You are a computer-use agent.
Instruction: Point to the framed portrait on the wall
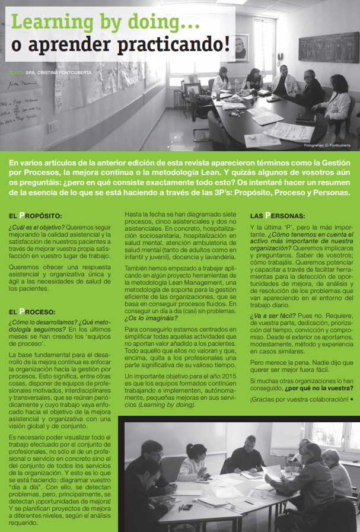(240, 46)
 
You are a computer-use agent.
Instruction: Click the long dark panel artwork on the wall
(328, 47)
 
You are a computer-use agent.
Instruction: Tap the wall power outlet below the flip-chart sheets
(52, 125)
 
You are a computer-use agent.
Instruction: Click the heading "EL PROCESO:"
(36, 311)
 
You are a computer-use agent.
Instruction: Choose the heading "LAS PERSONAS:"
(278, 215)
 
